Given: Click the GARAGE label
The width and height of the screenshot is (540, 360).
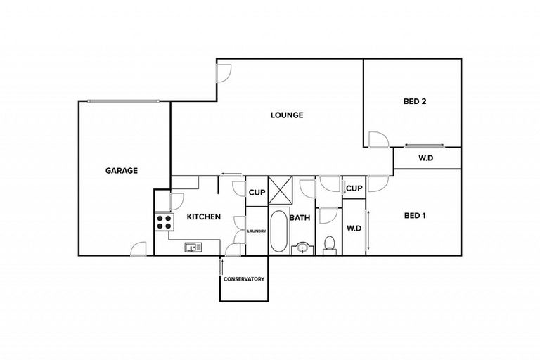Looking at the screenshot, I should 121,170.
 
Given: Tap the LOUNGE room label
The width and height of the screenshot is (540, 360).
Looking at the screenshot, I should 287,115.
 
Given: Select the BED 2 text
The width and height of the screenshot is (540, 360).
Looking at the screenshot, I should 415,101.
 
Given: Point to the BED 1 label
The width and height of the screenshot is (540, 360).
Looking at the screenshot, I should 415,216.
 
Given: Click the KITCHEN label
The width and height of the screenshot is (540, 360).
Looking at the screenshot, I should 204,217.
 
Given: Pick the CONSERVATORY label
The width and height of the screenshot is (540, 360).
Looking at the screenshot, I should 244,279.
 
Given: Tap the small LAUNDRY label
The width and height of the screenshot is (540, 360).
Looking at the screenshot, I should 256,229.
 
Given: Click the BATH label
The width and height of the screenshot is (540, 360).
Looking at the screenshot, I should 300,218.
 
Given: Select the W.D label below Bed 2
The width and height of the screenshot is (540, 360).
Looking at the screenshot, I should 426,158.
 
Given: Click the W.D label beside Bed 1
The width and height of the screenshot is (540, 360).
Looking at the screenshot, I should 353,228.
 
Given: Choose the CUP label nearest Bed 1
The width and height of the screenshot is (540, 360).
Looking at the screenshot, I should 354,188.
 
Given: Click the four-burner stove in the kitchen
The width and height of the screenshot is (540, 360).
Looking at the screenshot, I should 165,222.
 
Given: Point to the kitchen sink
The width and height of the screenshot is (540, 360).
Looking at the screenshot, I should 193,247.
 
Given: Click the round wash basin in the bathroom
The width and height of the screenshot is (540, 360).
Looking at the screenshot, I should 302,247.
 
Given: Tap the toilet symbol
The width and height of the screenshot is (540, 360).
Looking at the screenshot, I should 328,245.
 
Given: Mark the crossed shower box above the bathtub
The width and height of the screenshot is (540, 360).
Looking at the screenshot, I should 279,191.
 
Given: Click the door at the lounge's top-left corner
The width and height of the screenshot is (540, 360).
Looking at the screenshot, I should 224,71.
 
